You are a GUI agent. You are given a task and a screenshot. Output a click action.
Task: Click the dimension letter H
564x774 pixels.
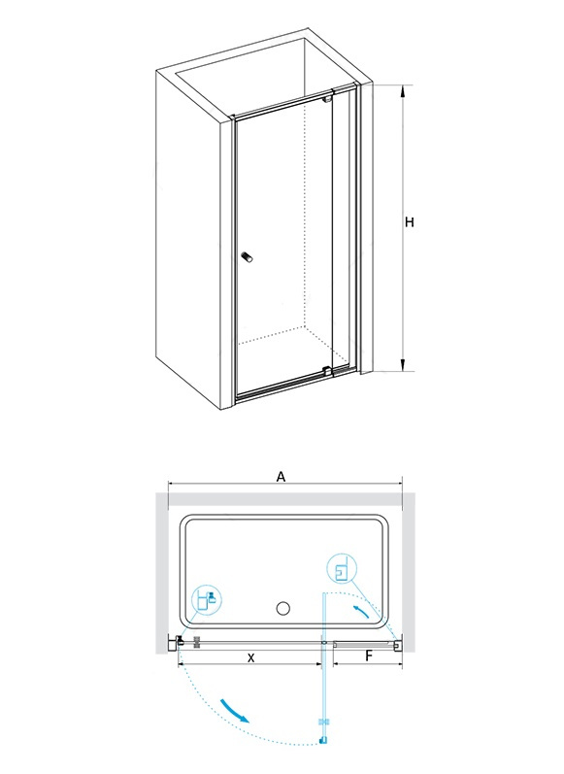[x=409, y=222]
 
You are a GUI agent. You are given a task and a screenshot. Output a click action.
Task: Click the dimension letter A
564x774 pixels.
[x=281, y=477]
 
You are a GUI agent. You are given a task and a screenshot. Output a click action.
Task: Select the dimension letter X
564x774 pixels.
[x=251, y=658]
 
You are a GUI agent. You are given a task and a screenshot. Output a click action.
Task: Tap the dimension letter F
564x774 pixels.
[x=368, y=656]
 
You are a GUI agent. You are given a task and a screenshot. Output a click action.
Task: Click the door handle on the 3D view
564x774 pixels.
[x=247, y=257]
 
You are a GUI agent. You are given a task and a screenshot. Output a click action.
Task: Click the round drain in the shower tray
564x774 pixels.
[x=283, y=608]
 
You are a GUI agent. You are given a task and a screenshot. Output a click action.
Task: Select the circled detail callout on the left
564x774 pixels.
[x=206, y=599]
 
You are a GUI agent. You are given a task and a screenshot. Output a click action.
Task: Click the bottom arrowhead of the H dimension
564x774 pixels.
[x=404, y=366]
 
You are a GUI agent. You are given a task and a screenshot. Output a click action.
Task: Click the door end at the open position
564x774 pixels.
[x=323, y=739]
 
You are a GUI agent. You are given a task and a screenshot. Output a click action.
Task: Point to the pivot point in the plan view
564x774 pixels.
[x=323, y=643]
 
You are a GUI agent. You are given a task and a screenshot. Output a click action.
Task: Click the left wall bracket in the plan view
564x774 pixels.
[x=174, y=644]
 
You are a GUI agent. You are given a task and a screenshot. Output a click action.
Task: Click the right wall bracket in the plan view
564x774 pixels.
[x=398, y=644]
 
